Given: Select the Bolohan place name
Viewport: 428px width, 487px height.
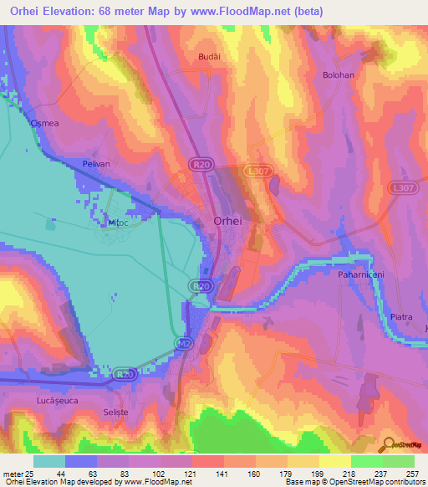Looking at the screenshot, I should click(339, 75).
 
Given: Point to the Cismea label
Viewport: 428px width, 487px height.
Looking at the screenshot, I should click(44, 123).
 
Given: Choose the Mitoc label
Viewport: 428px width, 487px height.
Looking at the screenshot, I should click(116, 223).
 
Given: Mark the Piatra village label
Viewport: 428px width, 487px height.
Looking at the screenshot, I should click(402, 317).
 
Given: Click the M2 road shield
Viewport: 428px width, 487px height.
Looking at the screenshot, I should click(184, 343).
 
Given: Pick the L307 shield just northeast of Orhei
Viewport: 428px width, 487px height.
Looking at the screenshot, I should click(257, 170).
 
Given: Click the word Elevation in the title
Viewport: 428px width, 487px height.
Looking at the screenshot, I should click(76, 12).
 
